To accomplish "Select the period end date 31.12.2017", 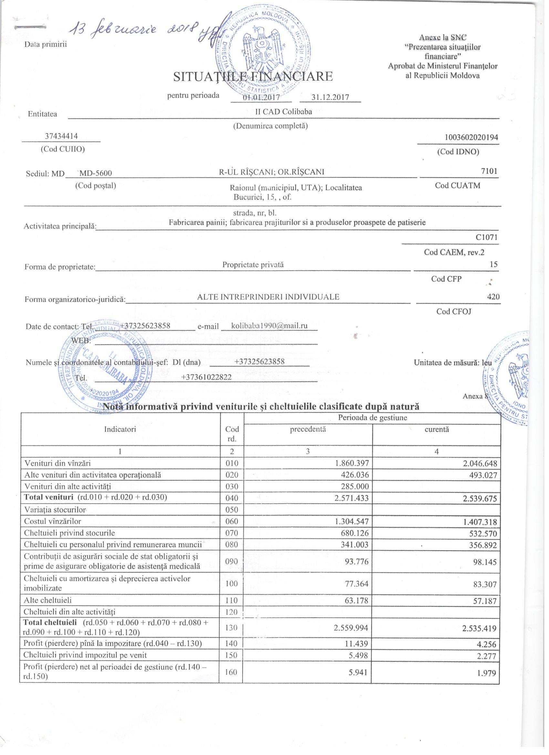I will [x=330, y=97].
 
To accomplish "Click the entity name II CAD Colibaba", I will [x=283, y=112].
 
